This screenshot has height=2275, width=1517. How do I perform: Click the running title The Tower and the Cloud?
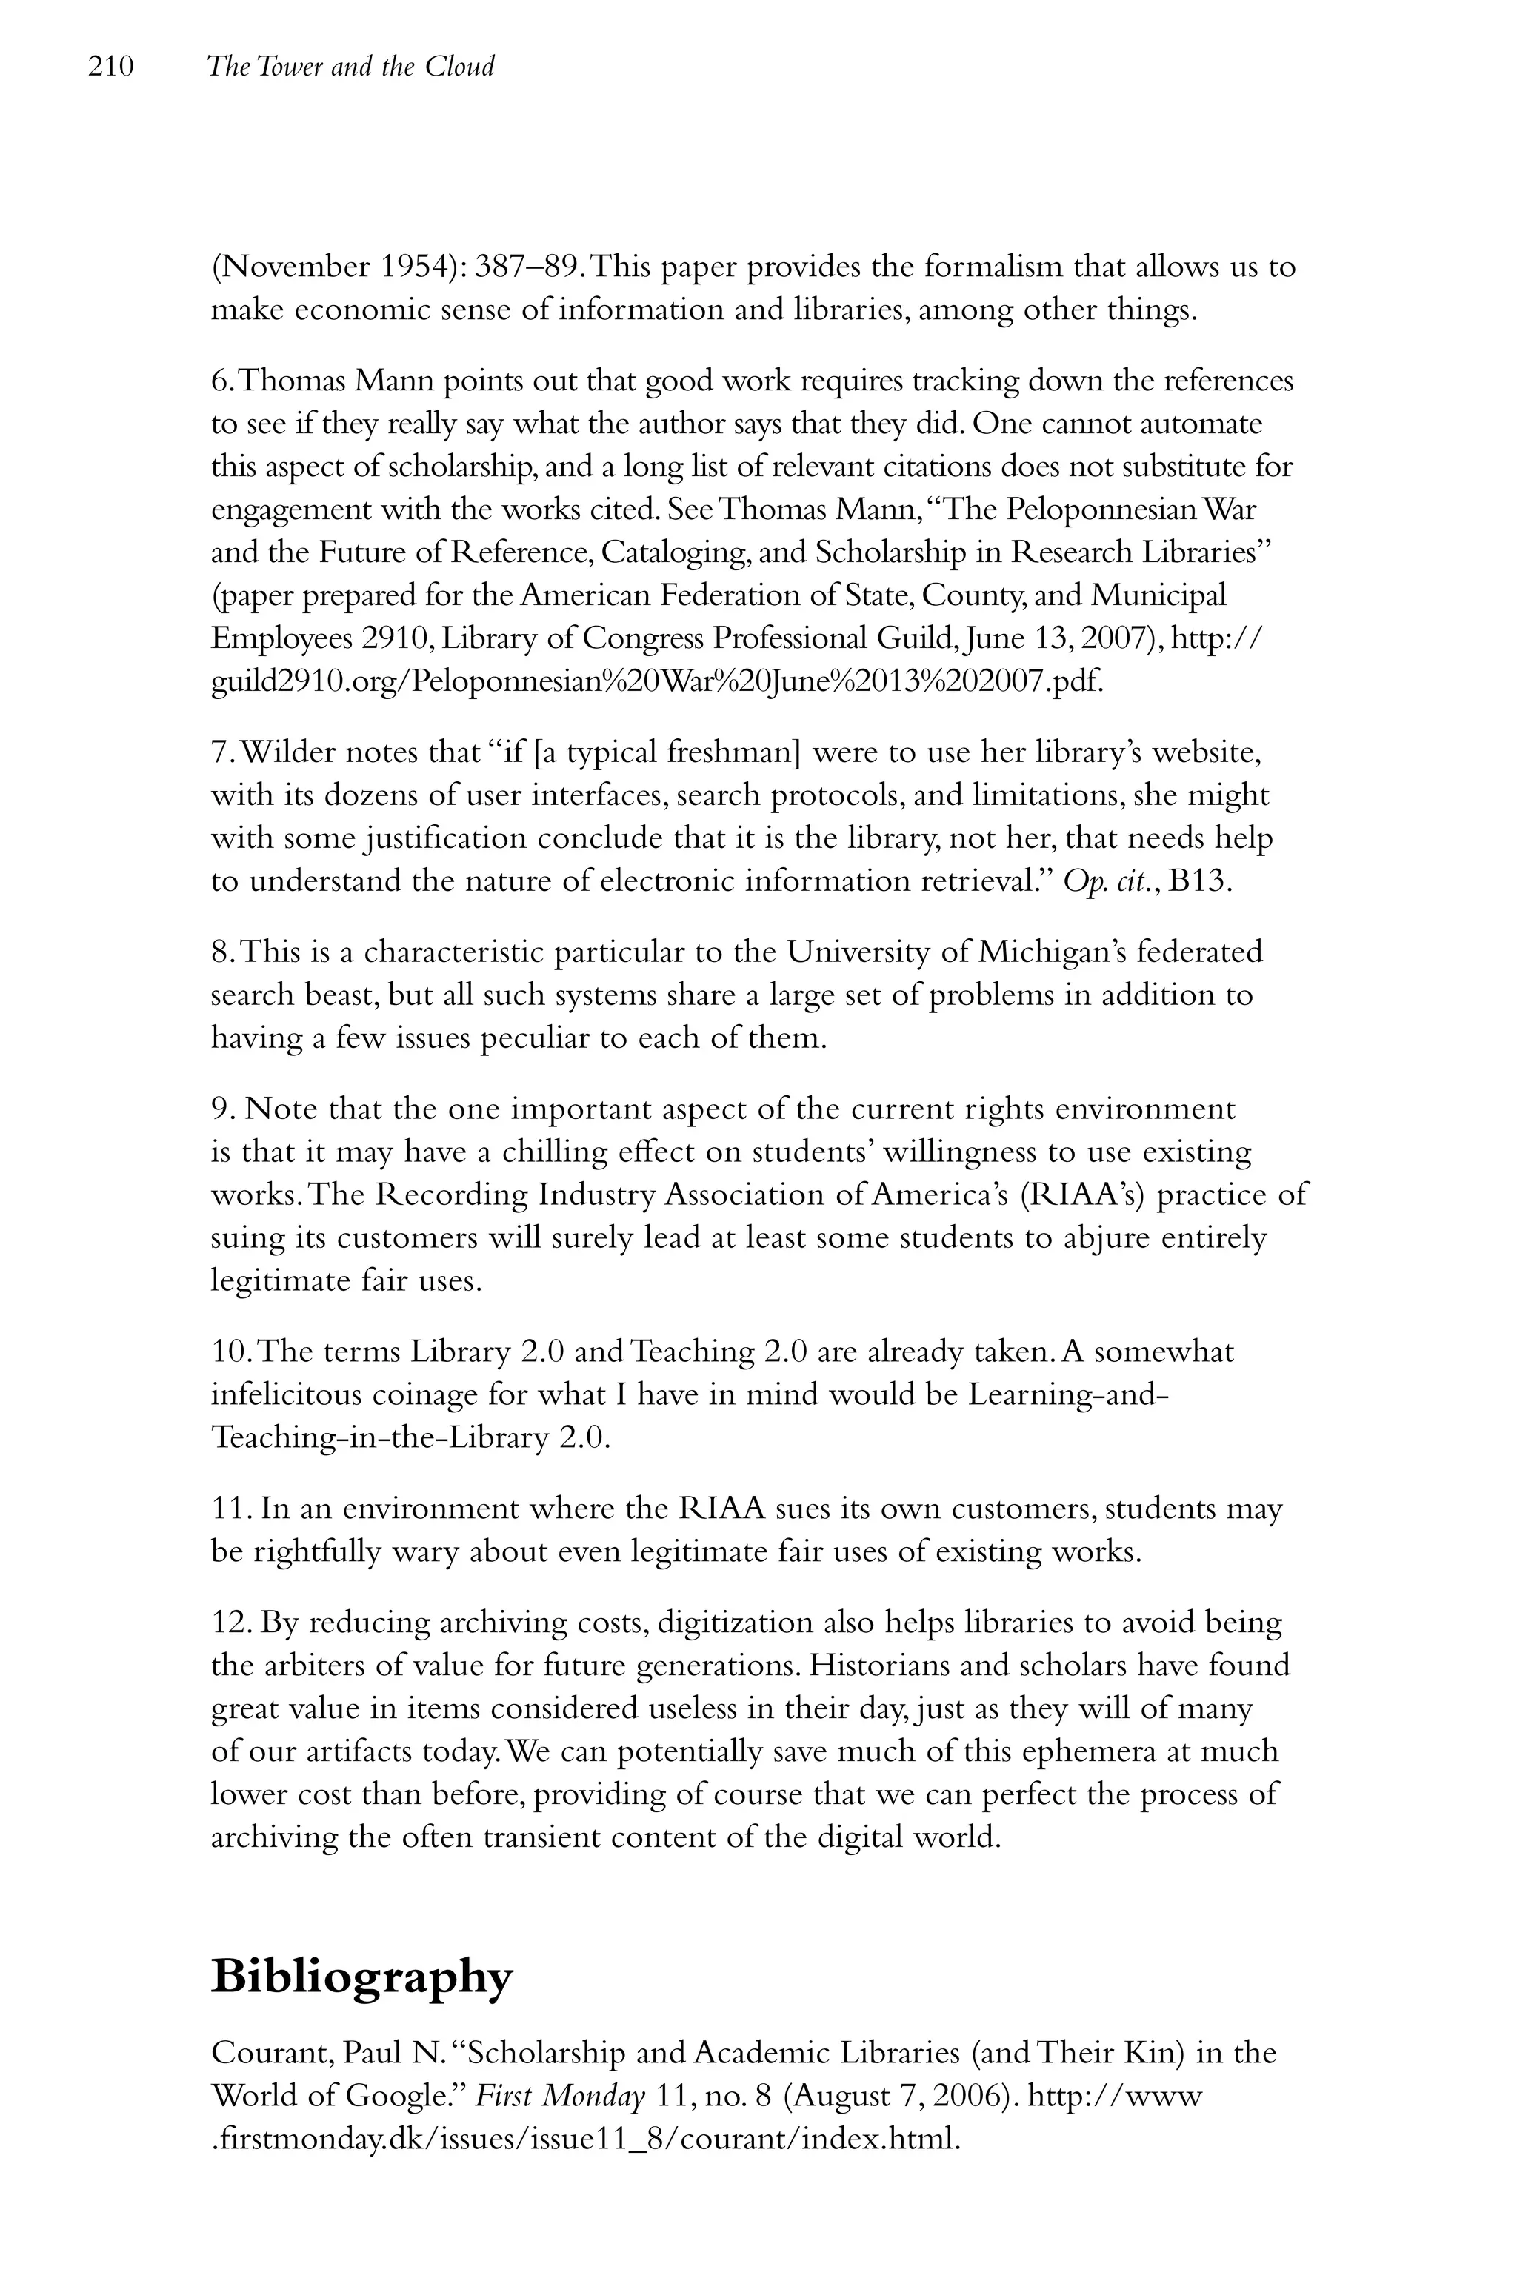[x=350, y=67]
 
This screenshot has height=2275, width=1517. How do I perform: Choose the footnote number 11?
[x=230, y=1509]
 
